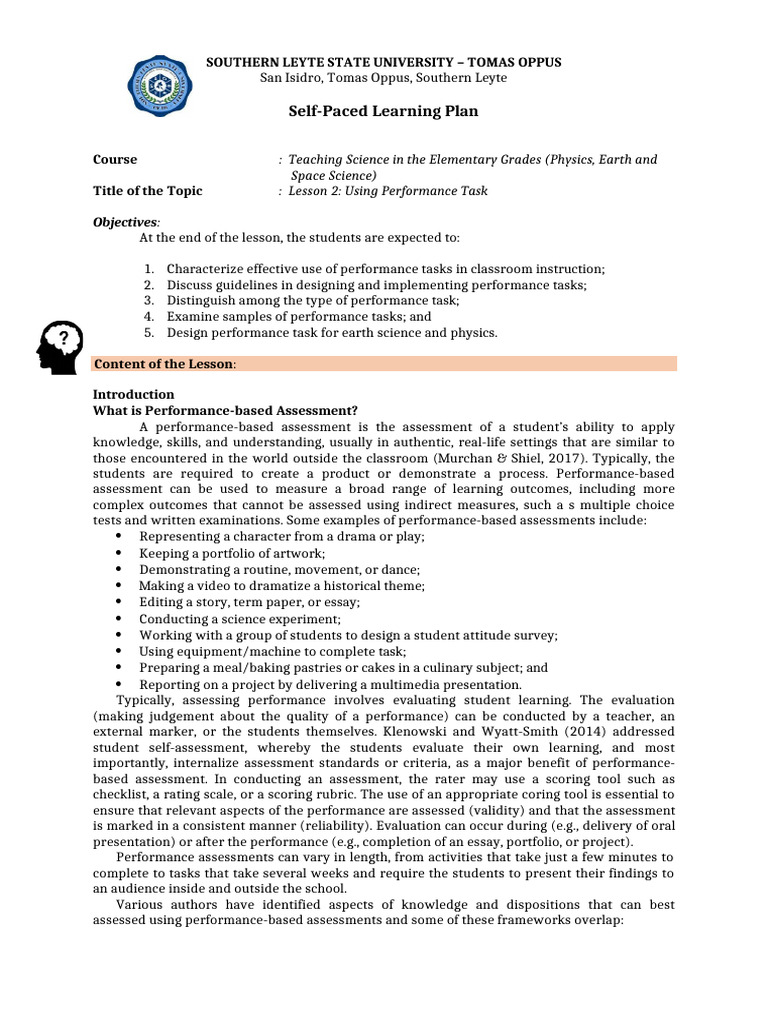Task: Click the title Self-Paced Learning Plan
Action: click(x=383, y=111)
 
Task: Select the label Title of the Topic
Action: click(x=147, y=191)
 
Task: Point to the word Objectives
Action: click(x=125, y=221)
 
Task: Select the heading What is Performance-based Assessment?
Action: click(x=225, y=409)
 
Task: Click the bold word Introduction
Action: click(x=133, y=394)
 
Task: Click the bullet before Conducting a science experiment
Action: click(x=119, y=619)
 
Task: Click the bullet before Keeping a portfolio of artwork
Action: click(x=119, y=553)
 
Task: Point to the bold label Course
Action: click(x=115, y=160)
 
